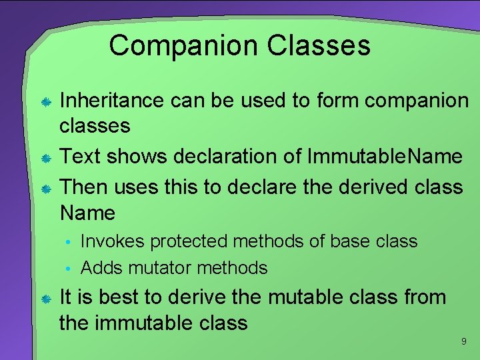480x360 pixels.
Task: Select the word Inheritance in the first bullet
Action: coord(111,101)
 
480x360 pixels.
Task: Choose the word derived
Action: coord(366,187)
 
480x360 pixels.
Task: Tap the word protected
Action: coord(196,241)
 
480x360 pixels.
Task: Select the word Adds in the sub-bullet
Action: coord(101,268)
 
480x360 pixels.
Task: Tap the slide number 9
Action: coord(463,342)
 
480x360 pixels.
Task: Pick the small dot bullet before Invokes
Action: coord(68,242)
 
